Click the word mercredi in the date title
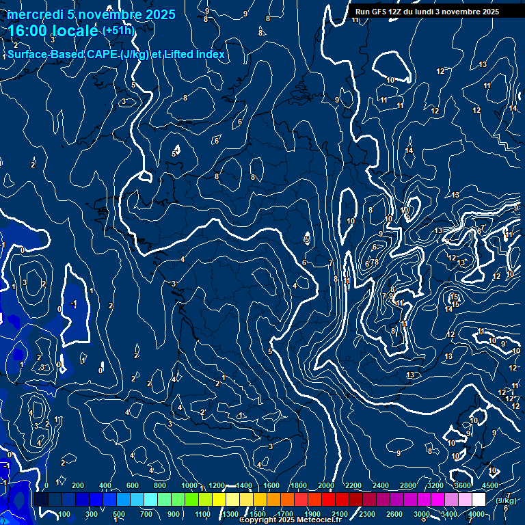pyautogui.click(x=33, y=14)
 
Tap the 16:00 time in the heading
pyautogui.click(x=28, y=31)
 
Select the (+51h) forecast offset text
pyautogui.click(x=118, y=31)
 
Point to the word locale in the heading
pyautogui.click(x=76, y=31)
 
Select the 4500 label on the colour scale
pyautogui.click(x=490, y=485)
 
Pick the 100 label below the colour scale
pyautogui.click(x=64, y=514)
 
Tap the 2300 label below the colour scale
pyautogui.click(x=366, y=514)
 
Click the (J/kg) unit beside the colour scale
pyautogui.click(x=506, y=500)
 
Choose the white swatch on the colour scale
pyautogui.click(x=479, y=500)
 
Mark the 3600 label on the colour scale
pyautogui.click(x=462, y=485)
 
